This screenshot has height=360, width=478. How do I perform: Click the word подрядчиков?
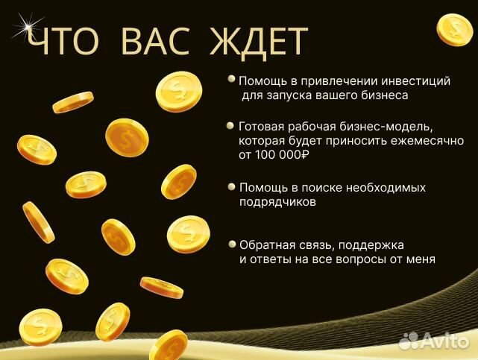[x=278, y=201]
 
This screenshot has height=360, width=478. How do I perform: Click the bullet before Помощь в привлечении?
[x=233, y=78]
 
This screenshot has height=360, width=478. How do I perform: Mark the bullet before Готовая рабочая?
[x=233, y=125]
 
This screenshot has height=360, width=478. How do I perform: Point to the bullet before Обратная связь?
[x=233, y=244]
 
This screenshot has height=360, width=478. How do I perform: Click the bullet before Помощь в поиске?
[x=233, y=186]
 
